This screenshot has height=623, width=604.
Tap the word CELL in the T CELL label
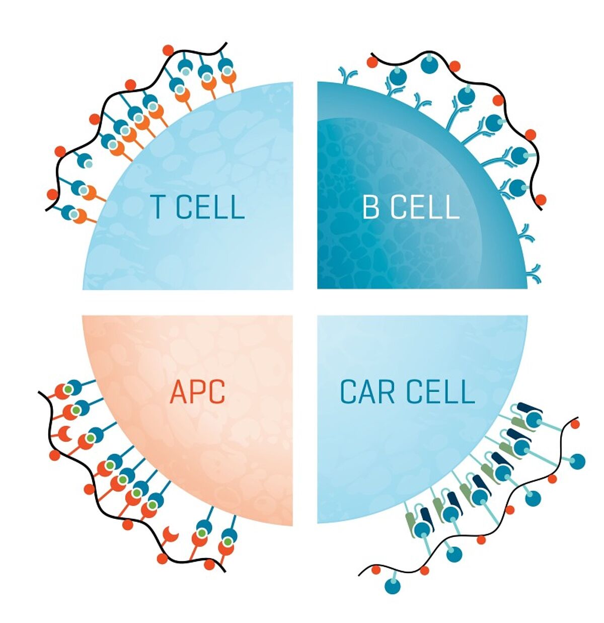210,207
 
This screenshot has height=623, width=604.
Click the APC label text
198,392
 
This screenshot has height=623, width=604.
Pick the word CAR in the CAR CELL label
367,391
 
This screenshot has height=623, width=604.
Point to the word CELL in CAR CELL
440,391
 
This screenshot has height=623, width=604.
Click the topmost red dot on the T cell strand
168,50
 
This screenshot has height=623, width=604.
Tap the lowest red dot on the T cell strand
52,194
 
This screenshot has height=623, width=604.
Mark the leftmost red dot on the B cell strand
372,62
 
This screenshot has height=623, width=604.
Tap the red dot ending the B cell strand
541,200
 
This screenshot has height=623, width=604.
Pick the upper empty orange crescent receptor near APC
65,434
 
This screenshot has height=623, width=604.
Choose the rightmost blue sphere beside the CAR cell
577,461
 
